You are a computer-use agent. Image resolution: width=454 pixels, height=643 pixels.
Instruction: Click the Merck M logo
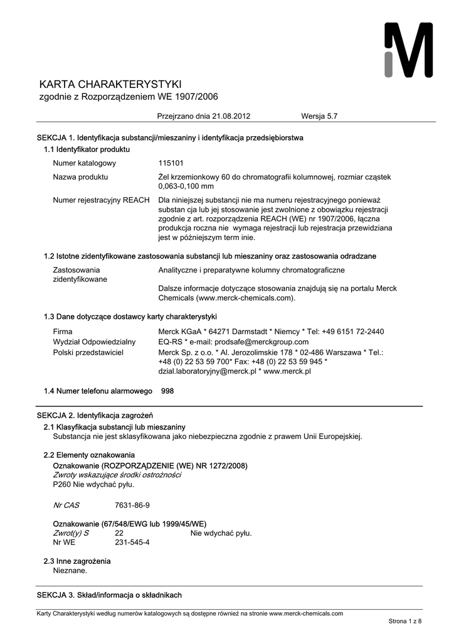(408, 50)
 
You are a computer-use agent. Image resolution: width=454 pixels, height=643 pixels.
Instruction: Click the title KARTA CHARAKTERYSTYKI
(110, 85)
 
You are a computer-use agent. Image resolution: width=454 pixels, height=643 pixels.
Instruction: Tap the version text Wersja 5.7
(319, 116)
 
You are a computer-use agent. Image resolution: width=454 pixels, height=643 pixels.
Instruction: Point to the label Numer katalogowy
(84, 163)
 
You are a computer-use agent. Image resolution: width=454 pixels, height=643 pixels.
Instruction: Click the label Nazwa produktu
(80, 177)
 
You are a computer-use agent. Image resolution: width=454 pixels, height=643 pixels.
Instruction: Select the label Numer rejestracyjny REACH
(101, 200)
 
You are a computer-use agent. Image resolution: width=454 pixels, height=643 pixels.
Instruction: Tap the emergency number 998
(167, 391)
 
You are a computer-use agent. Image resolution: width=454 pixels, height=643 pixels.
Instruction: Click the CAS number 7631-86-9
(132, 505)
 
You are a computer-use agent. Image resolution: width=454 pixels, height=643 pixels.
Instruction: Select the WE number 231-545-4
(132, 542)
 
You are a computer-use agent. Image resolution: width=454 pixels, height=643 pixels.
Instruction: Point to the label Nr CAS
(66, 505)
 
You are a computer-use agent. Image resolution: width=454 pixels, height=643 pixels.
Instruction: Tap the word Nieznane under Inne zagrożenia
(70, 571)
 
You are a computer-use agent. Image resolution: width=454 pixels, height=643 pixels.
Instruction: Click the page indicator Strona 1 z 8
(405, 621)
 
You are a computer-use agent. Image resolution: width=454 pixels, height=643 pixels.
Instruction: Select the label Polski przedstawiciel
(88, 352)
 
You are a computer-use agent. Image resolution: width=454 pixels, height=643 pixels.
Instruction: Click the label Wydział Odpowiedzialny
(94, 342)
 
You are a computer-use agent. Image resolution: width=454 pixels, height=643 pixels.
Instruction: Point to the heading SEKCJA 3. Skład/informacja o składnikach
(109, 595)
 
